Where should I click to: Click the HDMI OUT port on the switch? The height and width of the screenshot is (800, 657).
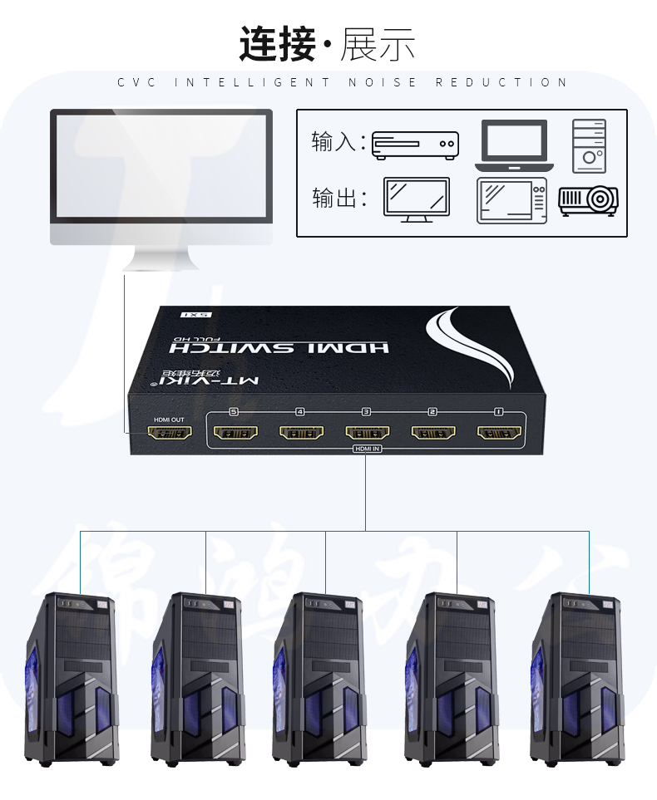coord(170,433)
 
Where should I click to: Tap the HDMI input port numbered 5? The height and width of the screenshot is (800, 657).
coord(235,433)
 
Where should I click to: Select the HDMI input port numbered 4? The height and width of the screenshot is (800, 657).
coord(301,433)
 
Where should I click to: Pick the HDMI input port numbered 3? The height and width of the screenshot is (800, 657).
coord(367,433)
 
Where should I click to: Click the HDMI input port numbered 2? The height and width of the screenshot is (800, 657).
coord(432,433)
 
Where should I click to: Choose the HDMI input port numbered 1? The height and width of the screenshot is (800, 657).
coord(498,433)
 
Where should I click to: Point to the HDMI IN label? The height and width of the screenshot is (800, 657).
coord(367,449)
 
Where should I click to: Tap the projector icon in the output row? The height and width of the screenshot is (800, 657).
coord(588,199)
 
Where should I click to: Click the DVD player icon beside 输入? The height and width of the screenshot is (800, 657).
coord(415,145)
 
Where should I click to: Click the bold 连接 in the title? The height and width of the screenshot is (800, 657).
coord(278,44)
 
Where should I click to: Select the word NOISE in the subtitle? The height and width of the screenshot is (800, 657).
coord(383,82)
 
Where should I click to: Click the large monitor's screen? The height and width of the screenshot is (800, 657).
coord(161,165)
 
